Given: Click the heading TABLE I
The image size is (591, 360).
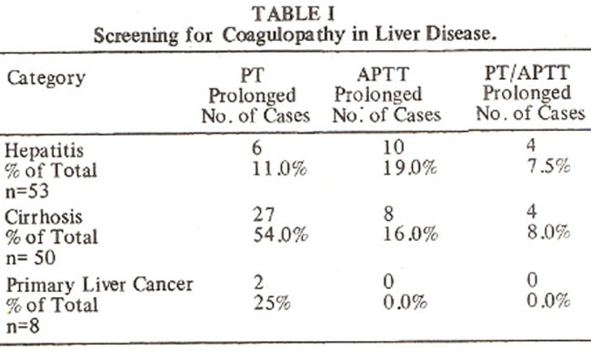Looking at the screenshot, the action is point(294,15).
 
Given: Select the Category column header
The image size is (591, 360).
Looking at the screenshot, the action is point(46,79).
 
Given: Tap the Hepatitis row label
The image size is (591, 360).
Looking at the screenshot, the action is point(45,151).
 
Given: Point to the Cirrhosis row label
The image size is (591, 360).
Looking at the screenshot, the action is point(44,217).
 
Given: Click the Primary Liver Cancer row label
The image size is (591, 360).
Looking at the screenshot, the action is point(99,285).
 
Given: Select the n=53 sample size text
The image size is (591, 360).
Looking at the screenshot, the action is point(27,191).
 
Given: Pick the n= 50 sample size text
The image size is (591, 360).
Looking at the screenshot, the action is point(31,258).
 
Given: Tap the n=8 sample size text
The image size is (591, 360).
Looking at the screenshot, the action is point(23,326).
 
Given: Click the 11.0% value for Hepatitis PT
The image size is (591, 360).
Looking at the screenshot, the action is point(279,168).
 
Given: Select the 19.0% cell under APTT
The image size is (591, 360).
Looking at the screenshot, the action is point(410,168).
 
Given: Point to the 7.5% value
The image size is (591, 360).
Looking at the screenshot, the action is point(548,165).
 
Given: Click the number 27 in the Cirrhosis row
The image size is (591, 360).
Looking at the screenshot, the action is point(264,215).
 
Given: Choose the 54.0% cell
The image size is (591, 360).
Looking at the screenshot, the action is point(281,235).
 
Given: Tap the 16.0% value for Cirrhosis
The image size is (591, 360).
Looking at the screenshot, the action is point(410,235).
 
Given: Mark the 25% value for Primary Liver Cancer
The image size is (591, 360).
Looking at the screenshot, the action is point(272,303).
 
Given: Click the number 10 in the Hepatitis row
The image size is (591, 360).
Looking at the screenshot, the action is point(394,147).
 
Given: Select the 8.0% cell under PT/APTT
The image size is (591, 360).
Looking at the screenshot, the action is point(549,232).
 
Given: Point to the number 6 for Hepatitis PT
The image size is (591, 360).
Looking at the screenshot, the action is point(257,148).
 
